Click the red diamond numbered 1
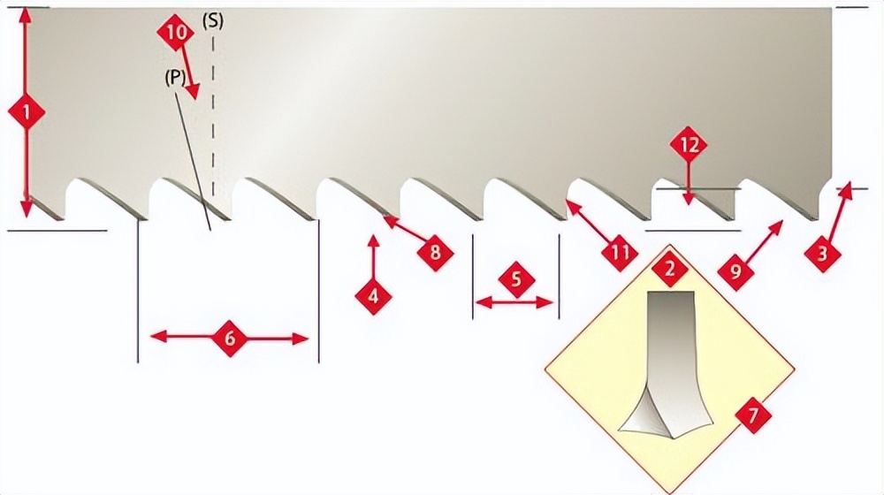click(x=27, y=113)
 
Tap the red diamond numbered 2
click(x=670, y=269)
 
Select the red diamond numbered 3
click(x=822, y=254)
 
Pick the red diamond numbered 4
click(x=373, y=295)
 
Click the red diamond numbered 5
click(x=516, y=279)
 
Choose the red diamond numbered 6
click(x=230, y=339)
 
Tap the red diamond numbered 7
click(x=752, y=416)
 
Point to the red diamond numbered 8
click(x=435, y=253)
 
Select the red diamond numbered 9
click(x=735, y=272)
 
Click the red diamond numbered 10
click(x=176, y=33)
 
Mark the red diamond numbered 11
click(x=620, y=253)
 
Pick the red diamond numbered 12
click(x=689, y=146)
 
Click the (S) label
click(x=212, y=21)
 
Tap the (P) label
click(x=175, y=77)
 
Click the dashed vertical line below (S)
click(x=213, y=113)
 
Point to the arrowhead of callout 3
click(x=845, y=190)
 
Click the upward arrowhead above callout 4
click(x=373, y=240)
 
